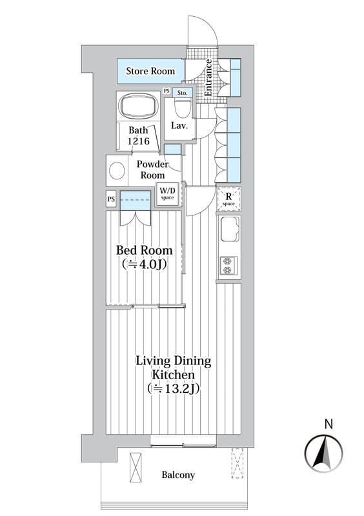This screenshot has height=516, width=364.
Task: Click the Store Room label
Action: (150, 71)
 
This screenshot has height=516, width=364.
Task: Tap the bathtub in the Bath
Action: (138, 106)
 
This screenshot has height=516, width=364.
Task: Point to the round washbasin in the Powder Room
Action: (117, 171)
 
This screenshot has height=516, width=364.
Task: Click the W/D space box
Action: (167, 193)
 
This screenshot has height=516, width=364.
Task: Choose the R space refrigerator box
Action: (228, 199)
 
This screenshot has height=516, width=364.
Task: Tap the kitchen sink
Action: (230, 230)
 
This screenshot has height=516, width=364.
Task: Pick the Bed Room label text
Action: (145, 250)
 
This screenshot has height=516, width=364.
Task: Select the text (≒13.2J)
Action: (174, 389)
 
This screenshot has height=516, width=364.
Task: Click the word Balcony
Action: (178, 475)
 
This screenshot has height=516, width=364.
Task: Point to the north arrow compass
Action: (323, 453)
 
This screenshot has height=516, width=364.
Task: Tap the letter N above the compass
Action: (329, 424)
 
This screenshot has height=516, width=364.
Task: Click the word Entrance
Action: (208, 77)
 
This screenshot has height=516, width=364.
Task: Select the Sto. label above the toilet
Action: (182, 93)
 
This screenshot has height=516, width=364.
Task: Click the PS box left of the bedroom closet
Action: (111, 199)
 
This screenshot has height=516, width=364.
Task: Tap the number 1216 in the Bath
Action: (139, 141)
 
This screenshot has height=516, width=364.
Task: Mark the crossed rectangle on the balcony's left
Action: (136, 468)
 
